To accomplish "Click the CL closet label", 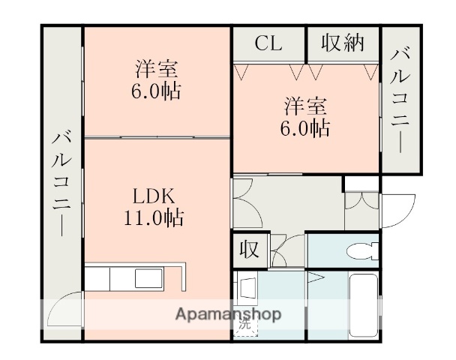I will (x=268, y=43).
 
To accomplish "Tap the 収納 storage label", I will (x=343, y=43).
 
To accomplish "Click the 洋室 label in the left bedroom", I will (x=156, y=70).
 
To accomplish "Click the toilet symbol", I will (x=363, y=250).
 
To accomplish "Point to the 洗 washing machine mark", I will (x=244, y=325).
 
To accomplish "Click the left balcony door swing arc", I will (x=62, y=307).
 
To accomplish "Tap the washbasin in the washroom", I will (x=248, y=288).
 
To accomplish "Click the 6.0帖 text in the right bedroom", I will (x=304, y=127).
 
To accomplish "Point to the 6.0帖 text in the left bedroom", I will (x=156, y=92).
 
